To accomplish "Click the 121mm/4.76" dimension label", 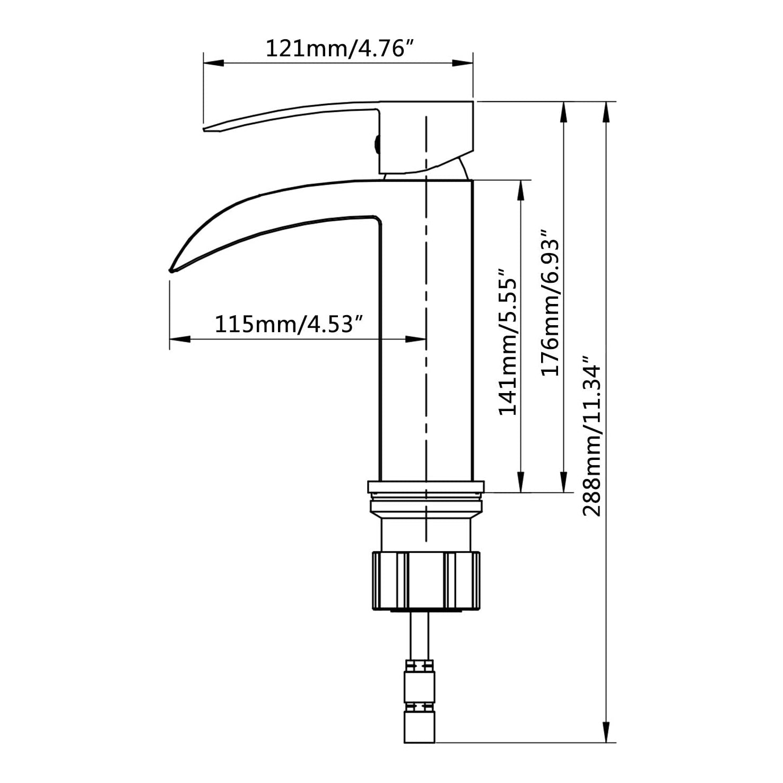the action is pos(338,49).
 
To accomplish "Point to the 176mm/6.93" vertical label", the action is pos(550,302).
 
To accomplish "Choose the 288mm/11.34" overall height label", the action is pos(593,436).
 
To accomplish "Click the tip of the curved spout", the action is pos(170,271).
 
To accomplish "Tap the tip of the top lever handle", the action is pos(205,128).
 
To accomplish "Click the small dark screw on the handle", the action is pos(377,143).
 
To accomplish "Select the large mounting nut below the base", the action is pos(427,581).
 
